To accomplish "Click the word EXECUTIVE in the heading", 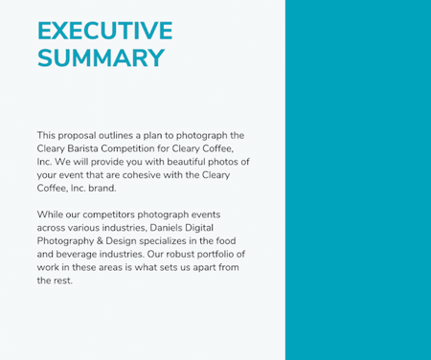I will (x=104, y=31).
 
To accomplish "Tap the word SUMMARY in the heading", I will (x=101, y=57).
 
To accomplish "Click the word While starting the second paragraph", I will (x=49, y=214).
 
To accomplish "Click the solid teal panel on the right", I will (x=357, y=180).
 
